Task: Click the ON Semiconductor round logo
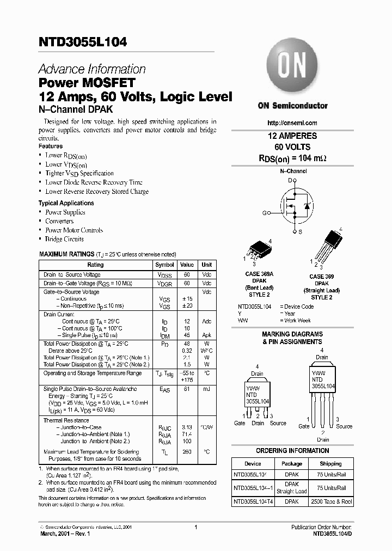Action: coord(292,69)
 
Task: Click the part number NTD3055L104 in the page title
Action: coord(83,42)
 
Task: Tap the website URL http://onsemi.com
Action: coord(292,123)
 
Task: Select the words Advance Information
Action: coord(92,69)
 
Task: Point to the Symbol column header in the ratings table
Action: coord(165,265)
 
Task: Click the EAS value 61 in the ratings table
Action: coord(187,389)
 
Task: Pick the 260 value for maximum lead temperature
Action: coord(187,452)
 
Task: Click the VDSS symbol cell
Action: coord(165,275)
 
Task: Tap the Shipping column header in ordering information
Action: coord(330,464)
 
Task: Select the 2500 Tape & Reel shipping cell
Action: coord(330,501)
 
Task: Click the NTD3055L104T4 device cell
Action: coord(254,501)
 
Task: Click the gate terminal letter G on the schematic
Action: coord(265,213)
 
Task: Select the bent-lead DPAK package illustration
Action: coord(255,250)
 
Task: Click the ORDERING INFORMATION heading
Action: coord(292,451)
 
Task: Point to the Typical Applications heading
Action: coord(66,203)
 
